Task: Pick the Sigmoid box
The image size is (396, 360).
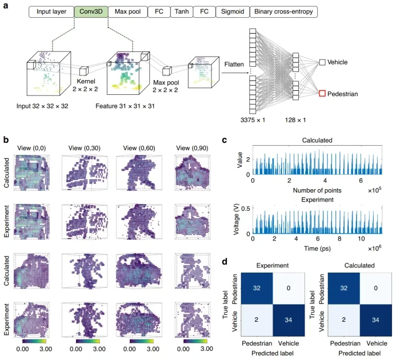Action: pos(230,11)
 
